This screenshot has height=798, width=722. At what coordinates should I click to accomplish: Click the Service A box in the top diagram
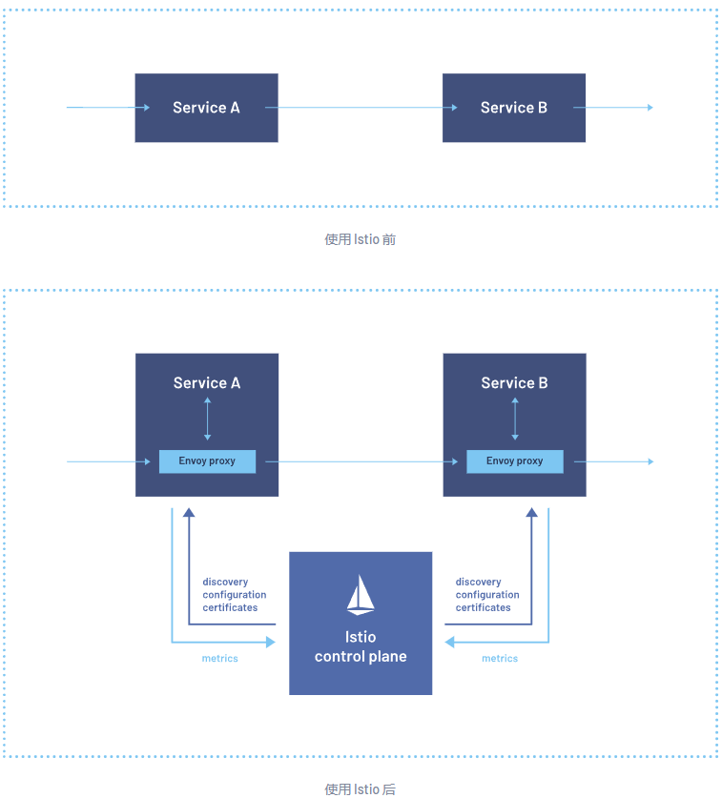[x=206, y=108]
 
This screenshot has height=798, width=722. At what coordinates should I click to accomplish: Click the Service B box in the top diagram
[x=514, y=108]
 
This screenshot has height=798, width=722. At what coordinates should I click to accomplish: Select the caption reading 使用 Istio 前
[x=360, y=239]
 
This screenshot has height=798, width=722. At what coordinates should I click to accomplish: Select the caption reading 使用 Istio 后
[x=360, y=788]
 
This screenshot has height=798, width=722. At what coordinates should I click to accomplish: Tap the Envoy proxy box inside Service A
[x=207, y=461]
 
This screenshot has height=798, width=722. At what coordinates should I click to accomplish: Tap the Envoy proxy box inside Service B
[x=515, y=461]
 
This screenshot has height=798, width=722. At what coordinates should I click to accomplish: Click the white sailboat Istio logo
[x=361, y=594]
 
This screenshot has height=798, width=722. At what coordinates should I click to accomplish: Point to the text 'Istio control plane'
[x=361, y=646]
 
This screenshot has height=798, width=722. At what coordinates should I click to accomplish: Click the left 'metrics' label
[x=220, y=659]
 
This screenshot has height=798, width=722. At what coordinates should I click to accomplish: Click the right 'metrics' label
[x=500, y=659]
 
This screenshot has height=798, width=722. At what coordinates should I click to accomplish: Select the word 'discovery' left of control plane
[x=225, y=582]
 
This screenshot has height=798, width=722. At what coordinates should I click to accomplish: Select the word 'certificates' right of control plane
[x=483, y=607]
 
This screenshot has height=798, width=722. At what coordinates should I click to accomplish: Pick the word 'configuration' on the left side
[x=235, y=595]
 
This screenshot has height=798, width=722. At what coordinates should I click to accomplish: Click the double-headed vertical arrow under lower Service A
[x=207, y=419]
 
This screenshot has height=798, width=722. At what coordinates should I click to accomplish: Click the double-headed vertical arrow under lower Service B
[x=515, y=419]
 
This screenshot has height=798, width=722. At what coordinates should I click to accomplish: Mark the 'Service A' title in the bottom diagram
[x=207, y=383]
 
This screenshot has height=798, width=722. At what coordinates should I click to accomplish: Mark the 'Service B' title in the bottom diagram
[x=515, y=383]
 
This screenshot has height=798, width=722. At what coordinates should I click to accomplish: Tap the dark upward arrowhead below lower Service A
[x=189, y=512]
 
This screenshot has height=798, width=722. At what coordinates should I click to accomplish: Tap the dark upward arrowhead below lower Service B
[x=532, y=512]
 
